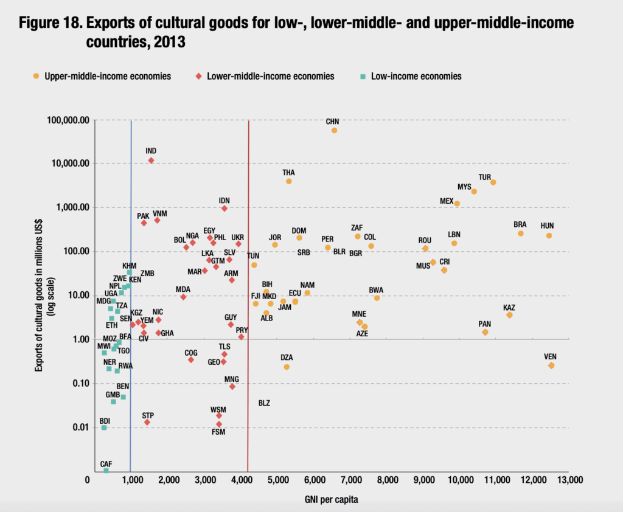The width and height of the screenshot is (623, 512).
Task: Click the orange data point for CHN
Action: point(334,130)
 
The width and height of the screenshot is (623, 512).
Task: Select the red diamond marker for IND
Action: point(151,161)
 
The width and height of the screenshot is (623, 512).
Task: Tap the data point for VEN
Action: point(551,365)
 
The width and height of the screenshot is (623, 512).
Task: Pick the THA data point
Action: point(289,181)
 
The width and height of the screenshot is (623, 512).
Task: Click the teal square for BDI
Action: point(104,427)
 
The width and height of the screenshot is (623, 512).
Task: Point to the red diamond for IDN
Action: point(224,209)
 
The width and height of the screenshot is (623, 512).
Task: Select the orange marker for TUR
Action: point(493,182)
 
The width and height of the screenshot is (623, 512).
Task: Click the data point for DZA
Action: point(287,367)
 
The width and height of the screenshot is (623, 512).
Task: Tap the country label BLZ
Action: point(264,403)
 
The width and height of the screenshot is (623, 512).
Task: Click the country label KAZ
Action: point(509,307)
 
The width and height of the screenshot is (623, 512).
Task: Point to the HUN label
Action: point(547,226)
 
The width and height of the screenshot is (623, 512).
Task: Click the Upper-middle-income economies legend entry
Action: point(107,76)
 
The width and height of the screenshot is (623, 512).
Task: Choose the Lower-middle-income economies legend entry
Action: point(270,76)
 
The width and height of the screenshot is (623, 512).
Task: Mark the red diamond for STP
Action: point(147,422)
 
